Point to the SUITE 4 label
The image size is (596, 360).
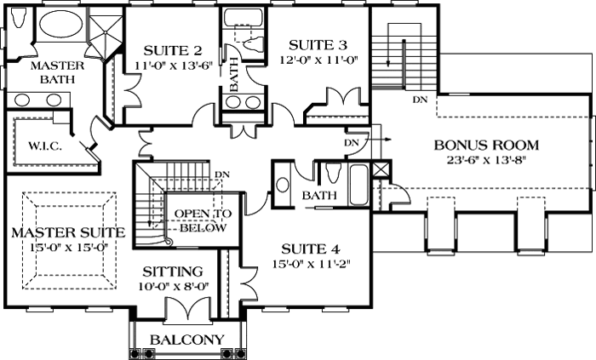[311, 249]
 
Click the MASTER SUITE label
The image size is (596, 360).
[68, 232]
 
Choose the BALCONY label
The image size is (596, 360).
[186, 340]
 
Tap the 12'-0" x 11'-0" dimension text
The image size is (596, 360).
[317, 60]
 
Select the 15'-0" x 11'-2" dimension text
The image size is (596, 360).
[311, 264]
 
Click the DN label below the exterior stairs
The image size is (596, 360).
[419, 100]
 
